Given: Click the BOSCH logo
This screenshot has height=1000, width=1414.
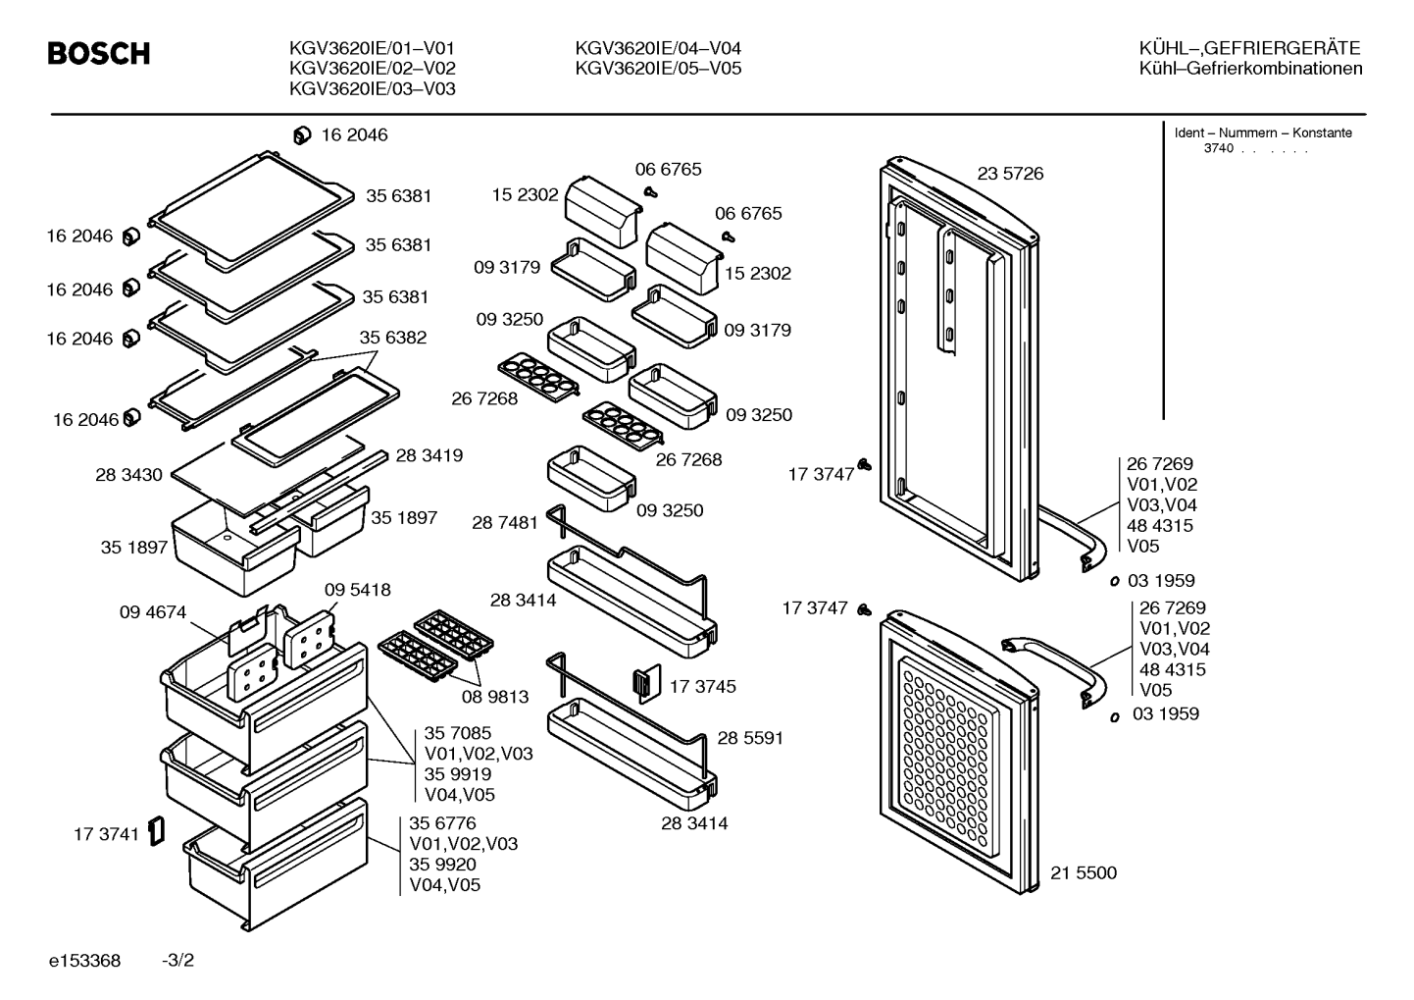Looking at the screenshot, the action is pyautogui.click(x=99, y=54).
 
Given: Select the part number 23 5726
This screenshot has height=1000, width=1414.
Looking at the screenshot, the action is pyautogui.click(x=1010, y=174).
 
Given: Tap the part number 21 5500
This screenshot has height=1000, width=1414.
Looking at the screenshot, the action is pyautogui.click(x=1084, y=873).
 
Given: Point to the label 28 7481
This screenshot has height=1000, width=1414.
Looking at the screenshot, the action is pyautogui.click(x=505, y=523).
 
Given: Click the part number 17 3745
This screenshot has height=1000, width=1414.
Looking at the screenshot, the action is pyautogui.click(x=702, y=687).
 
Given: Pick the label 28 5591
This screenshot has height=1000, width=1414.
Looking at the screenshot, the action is pyautogui.click(x=750, y=739).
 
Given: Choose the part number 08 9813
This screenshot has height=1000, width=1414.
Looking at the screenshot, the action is pyautogui.click(x=495, y=697).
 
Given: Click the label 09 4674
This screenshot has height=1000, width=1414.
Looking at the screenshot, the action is pyautogui.click(x=153, y=612).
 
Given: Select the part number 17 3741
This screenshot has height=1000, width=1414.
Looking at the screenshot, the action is pyautogui.click(x=106, y=835).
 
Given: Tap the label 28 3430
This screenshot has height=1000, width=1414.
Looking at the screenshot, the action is pyautogui.click(x=128, y=475).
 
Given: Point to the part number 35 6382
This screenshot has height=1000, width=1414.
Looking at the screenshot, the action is pyautogui.click(x=392, y=338).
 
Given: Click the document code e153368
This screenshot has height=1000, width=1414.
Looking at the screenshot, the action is pyautogui.click(x=84, y=961).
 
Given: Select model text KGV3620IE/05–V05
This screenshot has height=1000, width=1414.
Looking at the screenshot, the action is pyautogui.click(x=658, y=69).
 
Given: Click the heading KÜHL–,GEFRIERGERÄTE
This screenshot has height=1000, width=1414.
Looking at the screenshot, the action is pyautogui.click(x=1249, y=49).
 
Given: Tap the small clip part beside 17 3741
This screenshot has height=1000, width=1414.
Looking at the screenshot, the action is pyautogui.click(x=156, y=831).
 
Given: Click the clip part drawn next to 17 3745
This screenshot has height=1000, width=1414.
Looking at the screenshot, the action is pyautogui.click(x=647, y=683).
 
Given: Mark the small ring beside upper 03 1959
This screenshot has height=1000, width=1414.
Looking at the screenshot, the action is pyautogui.click(x=1115, y=581).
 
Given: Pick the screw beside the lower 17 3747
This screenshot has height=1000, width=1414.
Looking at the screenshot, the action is pyautogui.click(x=864, y=610).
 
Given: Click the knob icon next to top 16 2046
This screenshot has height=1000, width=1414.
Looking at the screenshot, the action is pyautogui.click(x=302, y=135).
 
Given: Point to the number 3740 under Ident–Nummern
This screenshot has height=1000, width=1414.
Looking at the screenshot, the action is pyautogui.click(x=1218, y=149).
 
